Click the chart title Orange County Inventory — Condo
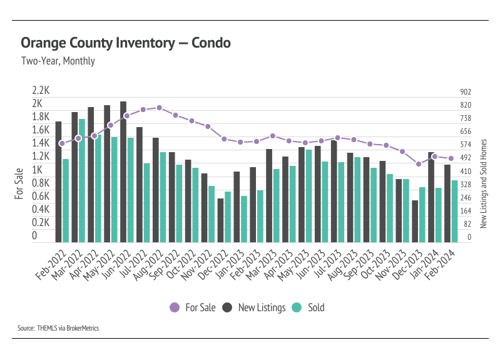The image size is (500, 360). [125, 43]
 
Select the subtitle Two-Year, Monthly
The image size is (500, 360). [58, 61]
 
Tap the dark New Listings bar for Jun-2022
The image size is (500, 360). [123, 172]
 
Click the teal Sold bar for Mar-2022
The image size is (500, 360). [82, 180]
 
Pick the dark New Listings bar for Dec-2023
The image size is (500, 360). [415, 221]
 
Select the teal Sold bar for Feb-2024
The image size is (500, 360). [455, 211]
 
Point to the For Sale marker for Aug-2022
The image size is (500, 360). [160, 108]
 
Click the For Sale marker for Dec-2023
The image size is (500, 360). [419, 164]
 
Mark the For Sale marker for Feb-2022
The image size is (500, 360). [61, 143]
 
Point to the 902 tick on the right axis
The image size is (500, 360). [465, 91]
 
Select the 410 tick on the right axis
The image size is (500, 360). [465, 171]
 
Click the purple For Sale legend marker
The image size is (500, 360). [175, 307]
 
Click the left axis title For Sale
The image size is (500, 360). [19, 183]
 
